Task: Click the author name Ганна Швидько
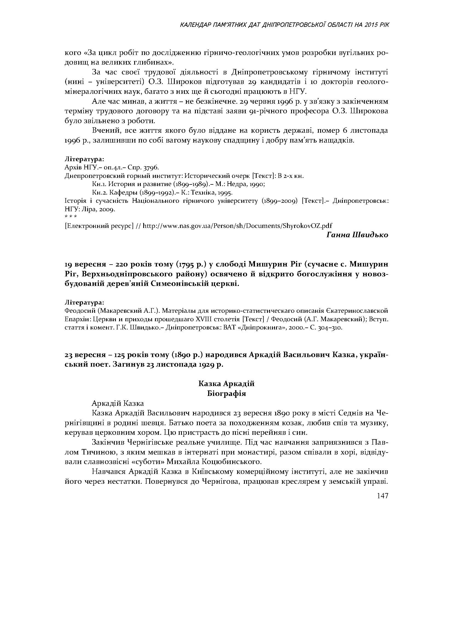(357, 235)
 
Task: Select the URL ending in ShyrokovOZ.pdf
(237, 225)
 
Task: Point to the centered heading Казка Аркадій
(226, 384)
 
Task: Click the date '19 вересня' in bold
(84, 264)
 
